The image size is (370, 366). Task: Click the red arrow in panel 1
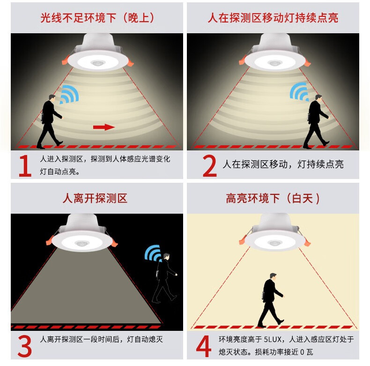pos(104,127)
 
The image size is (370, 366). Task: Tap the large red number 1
pos(25,166)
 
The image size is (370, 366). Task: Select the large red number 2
pos(209,166)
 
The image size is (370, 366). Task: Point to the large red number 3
pos(24,346)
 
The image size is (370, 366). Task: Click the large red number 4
pos(204,346)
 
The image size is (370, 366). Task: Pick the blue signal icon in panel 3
pos(153,253)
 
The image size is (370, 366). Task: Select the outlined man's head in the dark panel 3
pos(166,256)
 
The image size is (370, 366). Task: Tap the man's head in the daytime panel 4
pos(273,276)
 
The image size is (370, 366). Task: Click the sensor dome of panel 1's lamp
pos(97,63)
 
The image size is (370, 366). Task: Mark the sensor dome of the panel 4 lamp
pos(275,242)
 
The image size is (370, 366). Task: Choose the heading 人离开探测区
pos(95,198)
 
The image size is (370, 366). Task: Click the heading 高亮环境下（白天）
pos(273,198)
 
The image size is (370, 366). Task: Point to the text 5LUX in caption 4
pos(273,339)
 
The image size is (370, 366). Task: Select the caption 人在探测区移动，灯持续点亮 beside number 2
pos(283,164)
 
